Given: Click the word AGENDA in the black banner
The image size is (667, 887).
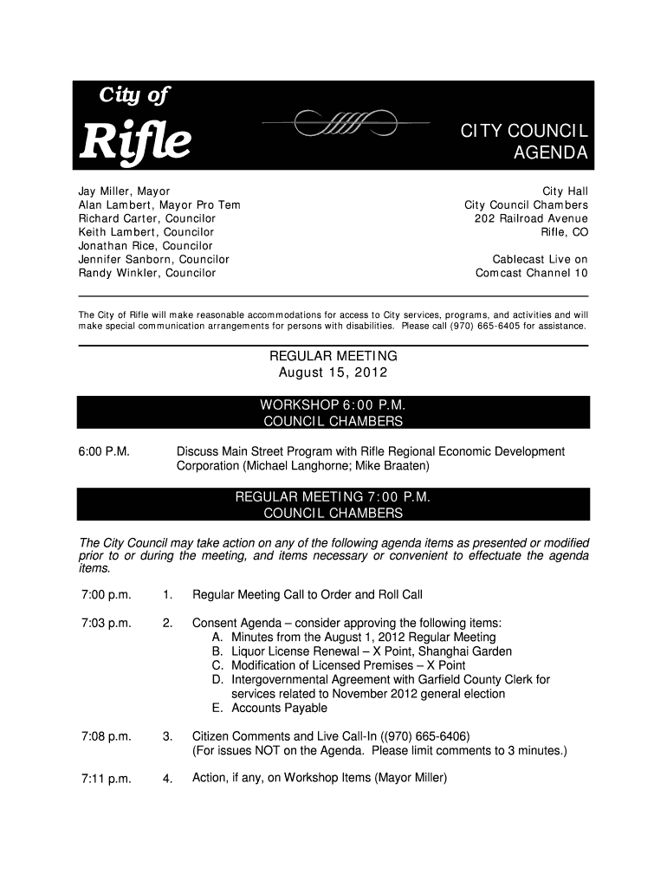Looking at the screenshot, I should [x=551, y=154].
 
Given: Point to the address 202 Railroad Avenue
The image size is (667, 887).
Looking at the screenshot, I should [x=531, y=218].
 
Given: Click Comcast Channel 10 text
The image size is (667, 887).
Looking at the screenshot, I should [x=532, y=273].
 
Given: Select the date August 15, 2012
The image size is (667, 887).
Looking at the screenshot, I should [x=333, y=372].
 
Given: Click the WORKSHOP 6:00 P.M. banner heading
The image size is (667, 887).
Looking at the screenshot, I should [x=333, y=405].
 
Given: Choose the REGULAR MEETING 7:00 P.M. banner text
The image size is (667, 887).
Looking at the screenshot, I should [x=333, y=497].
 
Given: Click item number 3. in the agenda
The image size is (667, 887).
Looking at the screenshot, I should [x=168, y=736].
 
